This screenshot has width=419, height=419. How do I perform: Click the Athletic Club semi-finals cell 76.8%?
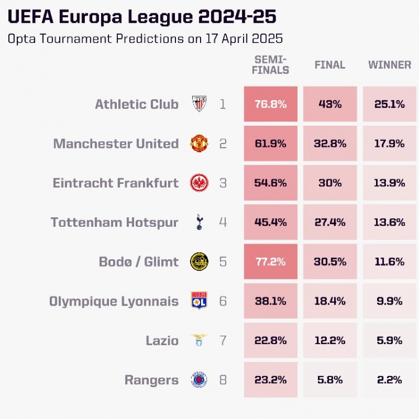point(270,104)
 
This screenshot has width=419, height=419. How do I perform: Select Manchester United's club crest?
point(199,144)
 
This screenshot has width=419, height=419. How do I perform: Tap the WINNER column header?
point(389,65)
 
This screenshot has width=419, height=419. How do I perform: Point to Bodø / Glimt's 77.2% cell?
point(270,261)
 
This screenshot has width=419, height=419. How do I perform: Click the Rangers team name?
point(151,380)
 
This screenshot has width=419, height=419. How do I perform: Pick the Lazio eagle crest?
point(199,340)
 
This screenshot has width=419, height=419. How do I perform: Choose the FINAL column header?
point(330,65)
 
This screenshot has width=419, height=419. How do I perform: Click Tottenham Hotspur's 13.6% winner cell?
point(389,222)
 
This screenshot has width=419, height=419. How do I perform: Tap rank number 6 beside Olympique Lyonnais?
point(223,301)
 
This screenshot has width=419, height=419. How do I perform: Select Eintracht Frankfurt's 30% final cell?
point(330,183)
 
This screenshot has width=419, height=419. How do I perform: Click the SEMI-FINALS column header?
point(270,65)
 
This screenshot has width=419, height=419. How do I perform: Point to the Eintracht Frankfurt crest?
point(199,183)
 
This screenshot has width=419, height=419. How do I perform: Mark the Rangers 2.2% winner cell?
point(389,380)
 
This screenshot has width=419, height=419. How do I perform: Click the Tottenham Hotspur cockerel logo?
point(199,222)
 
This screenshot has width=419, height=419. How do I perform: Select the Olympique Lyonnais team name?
point(114,302)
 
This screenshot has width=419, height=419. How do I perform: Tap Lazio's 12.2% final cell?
point(330,340)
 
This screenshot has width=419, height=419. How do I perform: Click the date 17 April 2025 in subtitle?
point(237,39)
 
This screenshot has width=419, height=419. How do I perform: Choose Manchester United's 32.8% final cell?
point(330,144)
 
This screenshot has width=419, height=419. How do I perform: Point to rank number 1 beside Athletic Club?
point(223,104)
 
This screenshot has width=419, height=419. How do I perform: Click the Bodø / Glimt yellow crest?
point(199,261)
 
